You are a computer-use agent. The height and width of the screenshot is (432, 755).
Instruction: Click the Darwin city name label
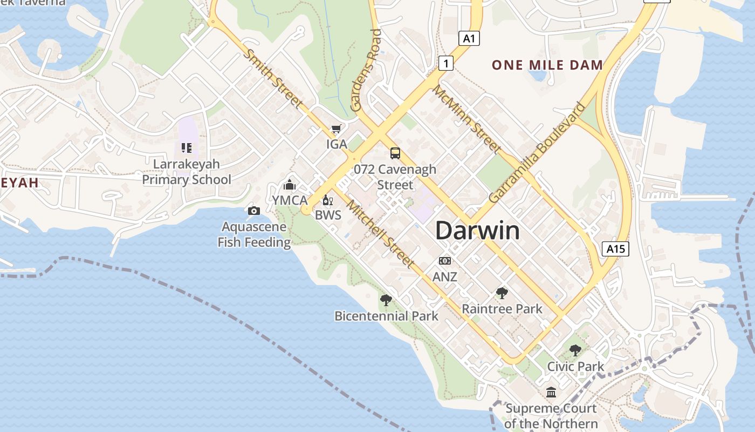coord(477,231)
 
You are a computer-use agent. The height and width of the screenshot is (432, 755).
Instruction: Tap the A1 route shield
coord(469,38)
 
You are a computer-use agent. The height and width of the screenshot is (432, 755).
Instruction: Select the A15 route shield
coord(615,248)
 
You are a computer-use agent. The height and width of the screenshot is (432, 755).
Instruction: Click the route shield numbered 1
coord(445,63)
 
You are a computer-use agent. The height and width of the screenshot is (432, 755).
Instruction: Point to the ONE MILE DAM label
coord(547,65)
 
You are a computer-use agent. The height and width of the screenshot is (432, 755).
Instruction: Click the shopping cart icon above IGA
coord(336,129)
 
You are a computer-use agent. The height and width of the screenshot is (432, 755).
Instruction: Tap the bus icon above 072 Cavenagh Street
coord(395,153)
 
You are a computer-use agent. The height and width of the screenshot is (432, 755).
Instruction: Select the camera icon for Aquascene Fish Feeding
coord(253,211)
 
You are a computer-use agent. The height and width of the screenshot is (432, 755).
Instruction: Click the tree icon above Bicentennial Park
coord(386,300)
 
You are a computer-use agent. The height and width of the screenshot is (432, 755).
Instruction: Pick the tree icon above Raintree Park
coord(502,293)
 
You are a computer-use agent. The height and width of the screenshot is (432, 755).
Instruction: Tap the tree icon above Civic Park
coord(575,350)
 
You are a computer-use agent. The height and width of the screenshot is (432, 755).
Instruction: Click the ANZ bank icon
coord(445,261)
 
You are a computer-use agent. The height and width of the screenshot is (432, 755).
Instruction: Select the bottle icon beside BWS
coord(326,200)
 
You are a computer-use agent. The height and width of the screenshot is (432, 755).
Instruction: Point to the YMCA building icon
coord(290,185)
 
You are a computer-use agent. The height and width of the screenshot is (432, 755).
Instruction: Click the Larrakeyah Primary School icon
coord(187,147)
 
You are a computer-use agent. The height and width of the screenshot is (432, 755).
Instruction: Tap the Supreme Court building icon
coord(551,392)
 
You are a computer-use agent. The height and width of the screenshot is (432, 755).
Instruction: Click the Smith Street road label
coord(273,78)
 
